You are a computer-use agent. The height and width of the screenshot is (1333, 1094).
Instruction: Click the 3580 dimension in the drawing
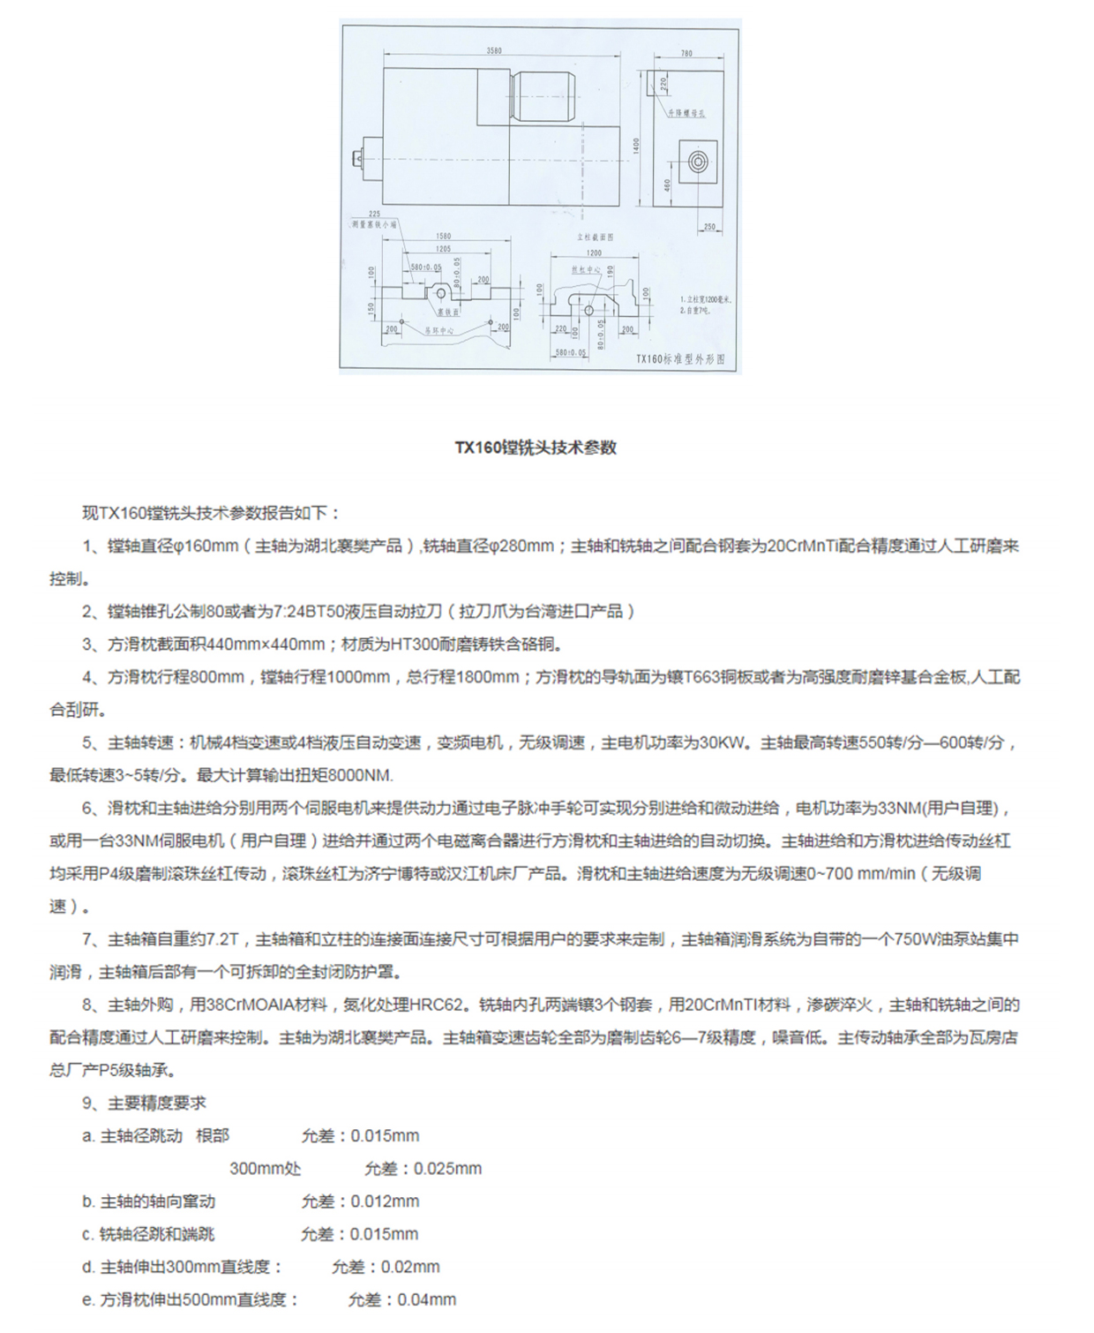tap(494, 51)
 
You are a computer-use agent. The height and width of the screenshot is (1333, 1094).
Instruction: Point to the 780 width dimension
tap(686, 54)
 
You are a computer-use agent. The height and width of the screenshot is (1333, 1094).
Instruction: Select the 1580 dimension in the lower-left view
tap(443, 236)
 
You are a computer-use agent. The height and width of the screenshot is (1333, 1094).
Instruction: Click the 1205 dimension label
tap(443, 249)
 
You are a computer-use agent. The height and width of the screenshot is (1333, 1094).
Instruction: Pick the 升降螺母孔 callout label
tap(686, 113)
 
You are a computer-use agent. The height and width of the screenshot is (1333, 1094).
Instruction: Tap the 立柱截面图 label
tap(595, 237)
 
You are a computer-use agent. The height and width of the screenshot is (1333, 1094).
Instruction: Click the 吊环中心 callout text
tap(438, 330)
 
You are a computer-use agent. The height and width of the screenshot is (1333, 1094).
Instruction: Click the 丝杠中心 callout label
tap(587, 270)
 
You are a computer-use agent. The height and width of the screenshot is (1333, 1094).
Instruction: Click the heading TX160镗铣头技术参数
tap(536, 448)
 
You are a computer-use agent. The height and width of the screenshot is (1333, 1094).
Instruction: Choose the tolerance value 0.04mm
tap(427, 1299)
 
